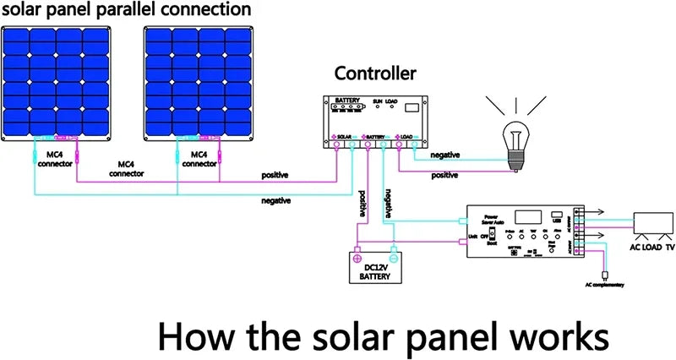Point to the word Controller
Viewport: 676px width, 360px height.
(375, 74)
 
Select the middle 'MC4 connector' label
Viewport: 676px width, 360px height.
(126, 167)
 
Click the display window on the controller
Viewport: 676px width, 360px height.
(414, 108)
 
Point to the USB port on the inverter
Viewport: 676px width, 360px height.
(555, 216)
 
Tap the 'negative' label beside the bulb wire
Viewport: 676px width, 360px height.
(445, 155)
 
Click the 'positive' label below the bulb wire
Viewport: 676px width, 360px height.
(445, 176)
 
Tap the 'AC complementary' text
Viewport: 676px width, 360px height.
(603, 287)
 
